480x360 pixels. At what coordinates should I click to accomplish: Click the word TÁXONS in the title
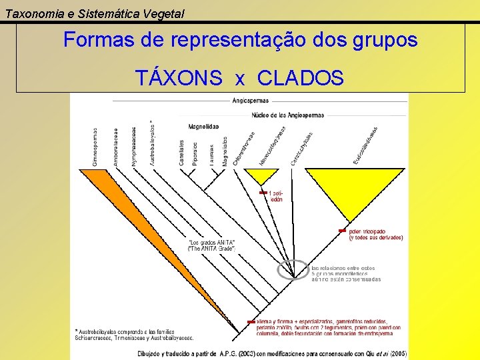pyautogui.click(x=179, y=78)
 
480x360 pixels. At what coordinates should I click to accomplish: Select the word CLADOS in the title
pyautogui.click(x=300, y=78)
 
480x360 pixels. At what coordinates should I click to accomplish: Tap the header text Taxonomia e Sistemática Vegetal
pyautogui.click(x=95, y=13)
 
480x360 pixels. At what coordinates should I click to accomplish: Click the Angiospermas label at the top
pyautogui.click(x=251, y=101)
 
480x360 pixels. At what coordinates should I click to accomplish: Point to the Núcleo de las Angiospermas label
pyautogui.click(x=288, y=115)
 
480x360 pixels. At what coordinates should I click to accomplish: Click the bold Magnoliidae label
pyautogui.click(x=203, y=126)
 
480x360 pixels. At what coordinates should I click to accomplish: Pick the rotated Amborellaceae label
pyautogui.click(x=115, y=147)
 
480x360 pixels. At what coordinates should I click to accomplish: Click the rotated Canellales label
pyautogui.click(x=181, y=153)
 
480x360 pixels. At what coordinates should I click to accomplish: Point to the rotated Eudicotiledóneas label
pyautogui.click(x=366, y=145)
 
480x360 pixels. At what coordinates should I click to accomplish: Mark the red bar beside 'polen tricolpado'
pyautogui.click(x=342, y=230)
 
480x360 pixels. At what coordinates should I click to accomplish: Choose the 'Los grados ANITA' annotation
pyautogui.click(x=212, y=245)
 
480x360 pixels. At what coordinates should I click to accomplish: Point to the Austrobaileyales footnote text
pyautogui.click(x=134, y=334)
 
